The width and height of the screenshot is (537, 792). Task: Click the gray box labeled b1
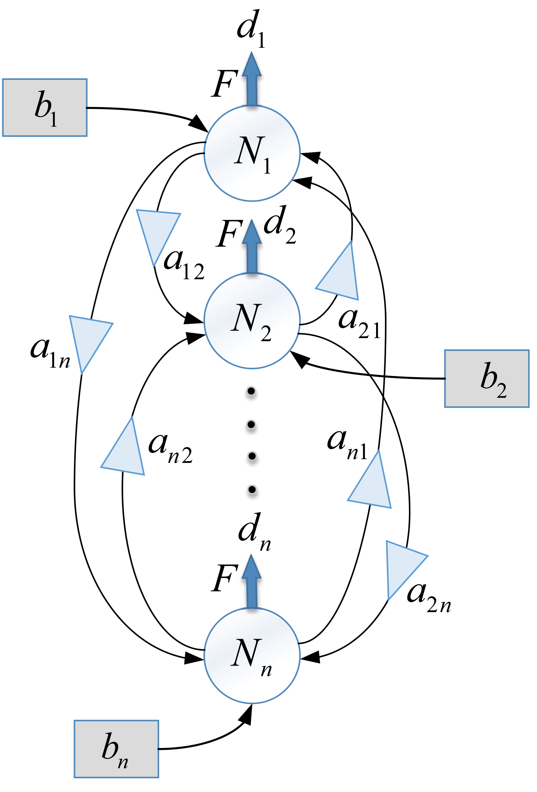click(45, 107)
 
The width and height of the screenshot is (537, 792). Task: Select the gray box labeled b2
click(487, 378)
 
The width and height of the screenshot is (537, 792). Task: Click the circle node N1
click(252, 153)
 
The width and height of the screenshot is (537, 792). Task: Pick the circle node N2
click(252, 320)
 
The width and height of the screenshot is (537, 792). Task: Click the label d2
click(279, 226)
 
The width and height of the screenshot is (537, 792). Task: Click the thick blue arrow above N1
click(252, 80)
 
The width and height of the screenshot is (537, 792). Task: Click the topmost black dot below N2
click(251, 391)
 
